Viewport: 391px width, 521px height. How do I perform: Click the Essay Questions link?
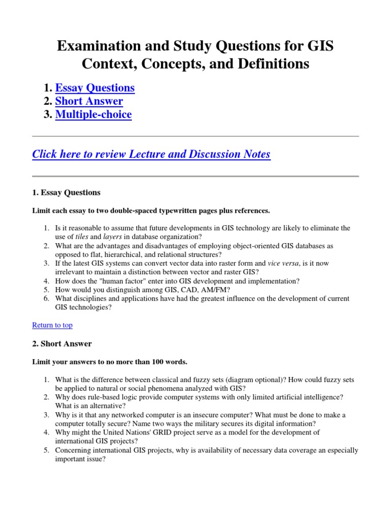95,88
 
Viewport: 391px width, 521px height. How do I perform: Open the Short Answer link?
89,101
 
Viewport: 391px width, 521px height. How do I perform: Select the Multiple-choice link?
93,114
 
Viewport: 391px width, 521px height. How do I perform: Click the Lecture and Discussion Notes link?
151,154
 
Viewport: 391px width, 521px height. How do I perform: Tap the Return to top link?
52,325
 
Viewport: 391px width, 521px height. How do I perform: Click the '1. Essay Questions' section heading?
66,193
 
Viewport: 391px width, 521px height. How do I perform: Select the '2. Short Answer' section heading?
62,344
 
